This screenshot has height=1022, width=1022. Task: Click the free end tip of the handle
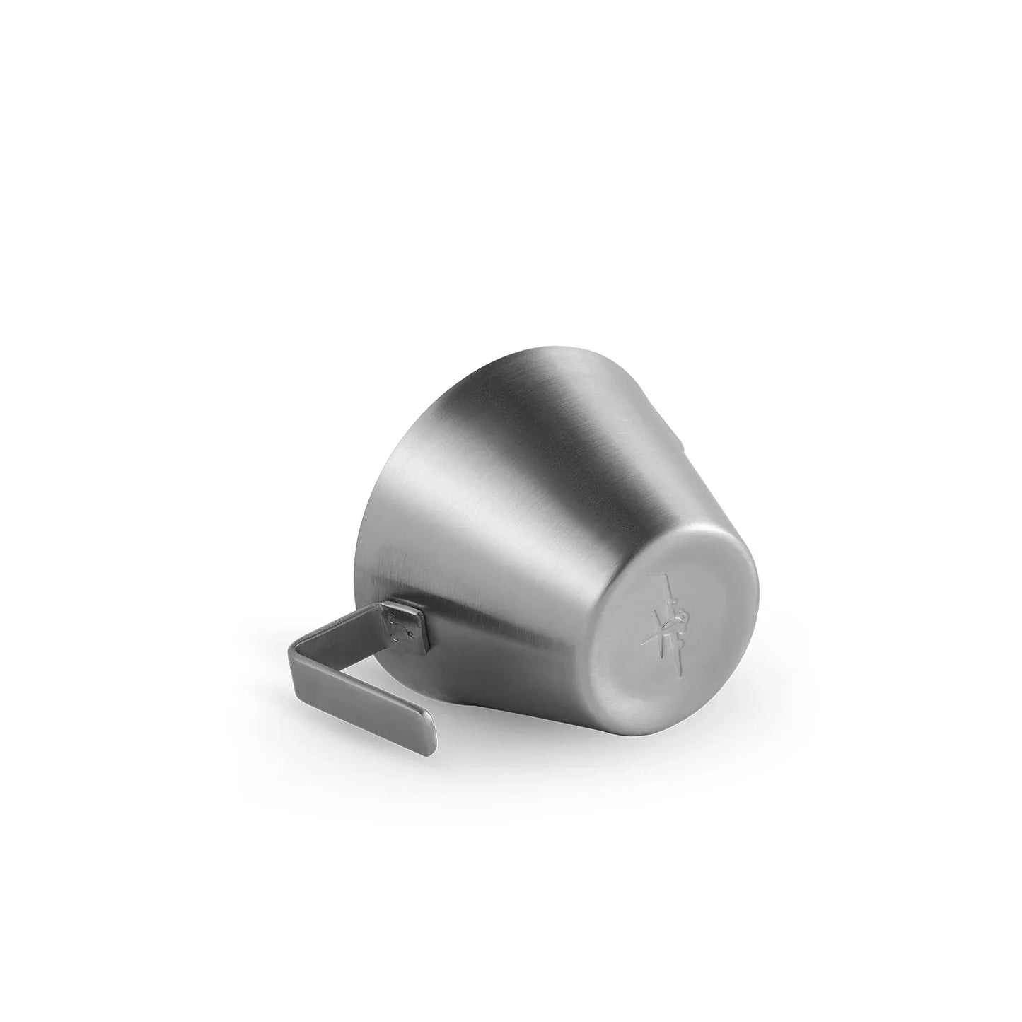[x=425, y=740]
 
